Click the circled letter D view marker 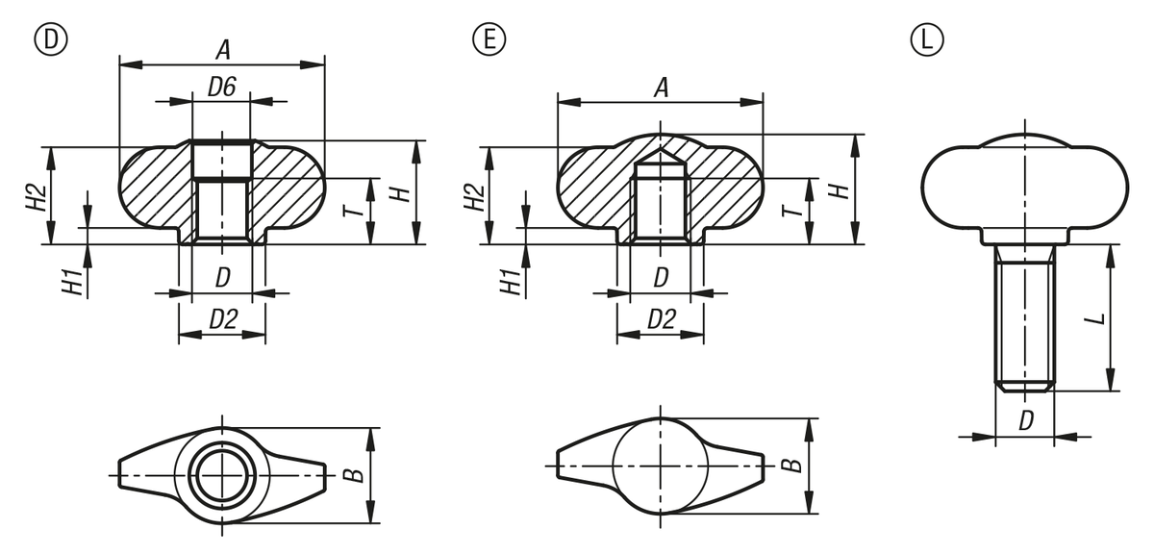click(50, 39)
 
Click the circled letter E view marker click(489, 39)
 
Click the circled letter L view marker click(927, 39)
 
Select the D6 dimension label click(222, 87)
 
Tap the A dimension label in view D click(222, 51)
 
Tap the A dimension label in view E click(661, 88)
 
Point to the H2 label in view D click(37, 197)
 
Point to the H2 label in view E click(474, 197)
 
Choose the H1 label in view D click(73, 282)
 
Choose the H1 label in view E click(512, 282)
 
